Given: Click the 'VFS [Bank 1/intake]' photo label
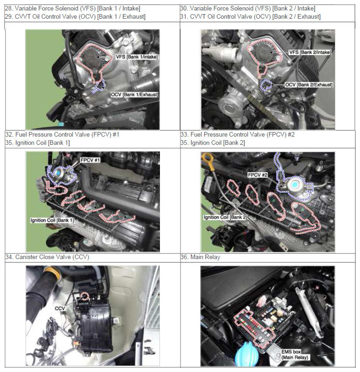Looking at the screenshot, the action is click(137, 57).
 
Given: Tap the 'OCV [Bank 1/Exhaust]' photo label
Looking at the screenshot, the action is click(134, 94).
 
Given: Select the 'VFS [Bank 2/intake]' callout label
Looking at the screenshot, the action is click(310, 52).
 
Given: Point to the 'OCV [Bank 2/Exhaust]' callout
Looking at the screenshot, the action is click(309, 85).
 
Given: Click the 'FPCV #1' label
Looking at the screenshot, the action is click(90, 160).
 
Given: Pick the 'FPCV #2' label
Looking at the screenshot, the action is click(257, 175).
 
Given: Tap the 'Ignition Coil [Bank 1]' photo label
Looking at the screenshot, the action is click(52, 220).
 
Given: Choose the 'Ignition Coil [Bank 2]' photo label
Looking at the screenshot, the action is click(226, 217).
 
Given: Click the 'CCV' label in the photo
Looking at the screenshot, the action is click(60, 308).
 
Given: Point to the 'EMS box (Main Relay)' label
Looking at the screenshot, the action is click(295, 354).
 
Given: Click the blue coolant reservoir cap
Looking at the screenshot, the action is click(247, 356).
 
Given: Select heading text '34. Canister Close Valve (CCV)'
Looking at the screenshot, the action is click(47, 257).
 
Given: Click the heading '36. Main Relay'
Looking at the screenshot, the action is click(200, 257).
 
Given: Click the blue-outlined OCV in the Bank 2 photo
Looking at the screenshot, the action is click(266, 85).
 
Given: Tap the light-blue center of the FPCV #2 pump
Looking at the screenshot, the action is click(295, 184).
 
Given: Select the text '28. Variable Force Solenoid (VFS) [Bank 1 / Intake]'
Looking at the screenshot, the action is click(72, 9).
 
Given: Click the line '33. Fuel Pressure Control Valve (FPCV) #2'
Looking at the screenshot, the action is click(237, 134).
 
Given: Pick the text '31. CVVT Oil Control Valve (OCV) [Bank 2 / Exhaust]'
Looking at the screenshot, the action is click(250, 16).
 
